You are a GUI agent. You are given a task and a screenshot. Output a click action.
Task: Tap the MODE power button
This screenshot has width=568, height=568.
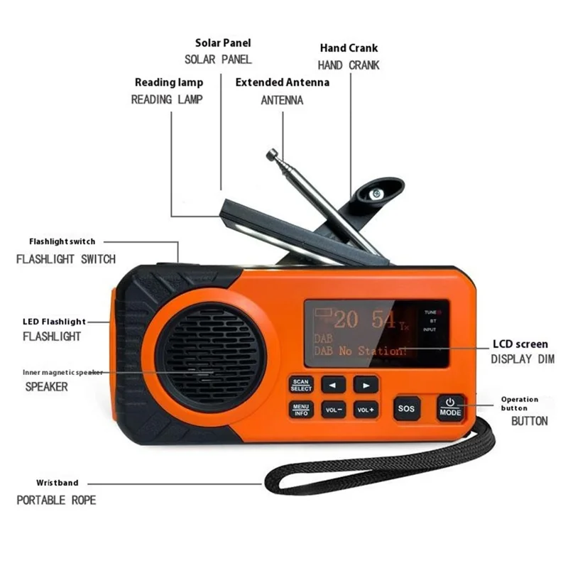tap(450, 408)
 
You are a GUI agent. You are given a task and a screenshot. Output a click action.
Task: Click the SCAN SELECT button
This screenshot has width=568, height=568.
tap(301, 385)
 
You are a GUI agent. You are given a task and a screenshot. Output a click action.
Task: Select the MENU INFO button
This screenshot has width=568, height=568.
tap(301, 410)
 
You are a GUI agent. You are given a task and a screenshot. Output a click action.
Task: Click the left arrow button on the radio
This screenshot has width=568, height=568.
tap(333, 386)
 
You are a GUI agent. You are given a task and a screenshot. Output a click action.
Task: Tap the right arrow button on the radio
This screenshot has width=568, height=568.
tap(366, 386)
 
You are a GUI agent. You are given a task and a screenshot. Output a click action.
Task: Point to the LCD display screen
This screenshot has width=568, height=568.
tap(376, 334)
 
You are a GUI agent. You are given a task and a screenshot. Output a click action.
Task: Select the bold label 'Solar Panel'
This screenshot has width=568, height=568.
tap(223, 43)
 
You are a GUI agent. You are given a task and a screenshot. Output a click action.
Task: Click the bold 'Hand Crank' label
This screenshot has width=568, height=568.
tap(349, 48)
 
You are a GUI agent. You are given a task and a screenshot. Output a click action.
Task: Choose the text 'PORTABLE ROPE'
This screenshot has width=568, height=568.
tap(56, 500)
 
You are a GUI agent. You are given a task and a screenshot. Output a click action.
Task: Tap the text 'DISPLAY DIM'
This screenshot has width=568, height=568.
tap(522, 360)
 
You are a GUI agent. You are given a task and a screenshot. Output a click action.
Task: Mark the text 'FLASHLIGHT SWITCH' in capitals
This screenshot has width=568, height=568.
tap(65, 259)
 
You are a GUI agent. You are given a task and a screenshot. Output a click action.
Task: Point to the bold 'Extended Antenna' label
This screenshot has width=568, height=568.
tap(282, 82)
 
